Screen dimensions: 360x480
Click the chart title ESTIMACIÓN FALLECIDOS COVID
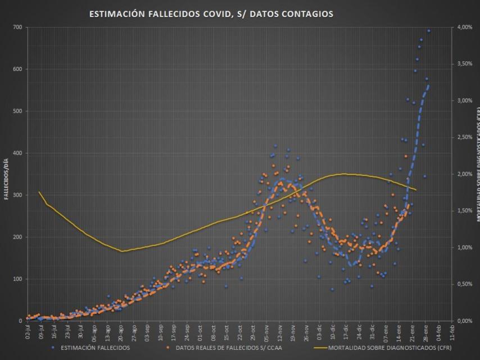point(211,14)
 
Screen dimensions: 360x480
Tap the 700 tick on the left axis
point(17,28)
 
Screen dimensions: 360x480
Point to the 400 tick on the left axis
point(17,153)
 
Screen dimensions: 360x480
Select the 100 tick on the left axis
point(17,279)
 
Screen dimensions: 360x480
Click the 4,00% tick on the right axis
point(465,28)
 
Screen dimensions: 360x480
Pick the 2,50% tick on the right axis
point(465,137)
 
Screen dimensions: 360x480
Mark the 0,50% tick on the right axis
point(465,284)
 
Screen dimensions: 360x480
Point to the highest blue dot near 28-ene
point(428,31)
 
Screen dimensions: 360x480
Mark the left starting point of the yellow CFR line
point(39,192)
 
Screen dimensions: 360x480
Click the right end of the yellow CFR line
point(416,190)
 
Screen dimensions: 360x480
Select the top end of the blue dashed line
point(428,85)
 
